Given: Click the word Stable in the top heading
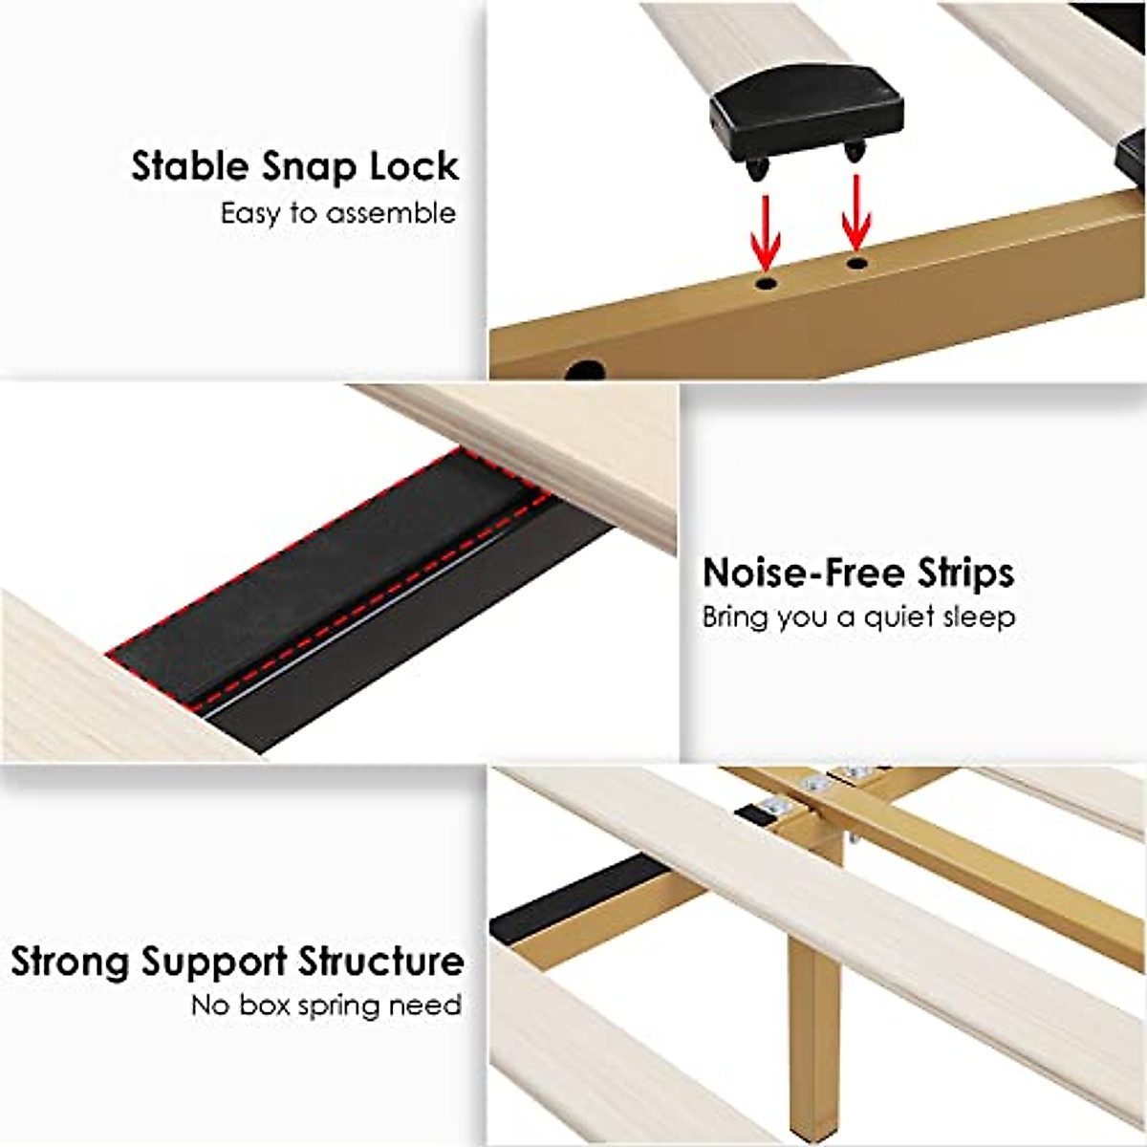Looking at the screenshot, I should point(188,166).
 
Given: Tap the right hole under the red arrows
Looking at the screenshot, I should point(857,260).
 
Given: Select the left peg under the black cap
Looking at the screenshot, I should point(757,169).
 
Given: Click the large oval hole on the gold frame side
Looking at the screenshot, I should point(584,369).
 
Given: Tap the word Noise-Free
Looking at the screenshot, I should point(804,573).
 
